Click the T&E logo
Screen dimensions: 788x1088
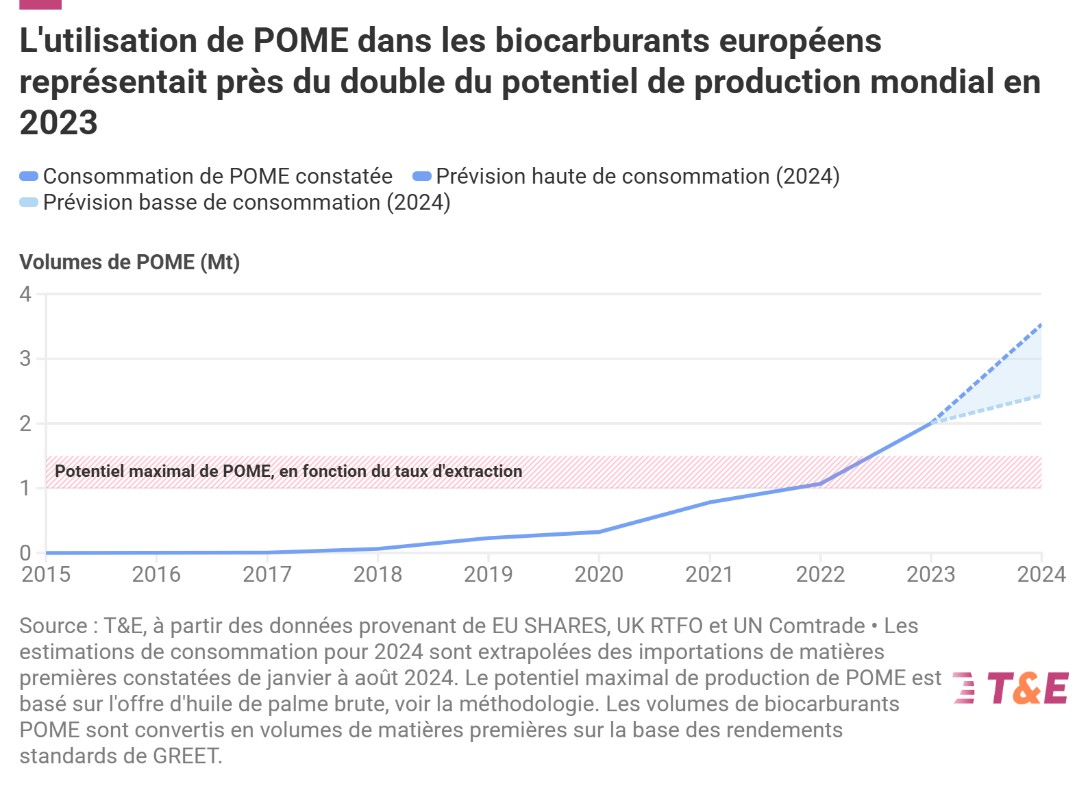[x=1011, y=688]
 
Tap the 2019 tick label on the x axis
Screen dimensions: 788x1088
[x=488, y=574]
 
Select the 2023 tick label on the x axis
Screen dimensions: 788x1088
[x=930, y=574]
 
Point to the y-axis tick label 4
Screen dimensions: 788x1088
[x=25, y=294]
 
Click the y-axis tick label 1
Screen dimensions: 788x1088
[x=25, y=488]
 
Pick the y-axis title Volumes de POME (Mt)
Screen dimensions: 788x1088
[x=129, y=262]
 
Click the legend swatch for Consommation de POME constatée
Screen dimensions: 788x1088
[x=29, y=176]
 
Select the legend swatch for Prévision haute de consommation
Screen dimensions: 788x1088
[x=421, y=176]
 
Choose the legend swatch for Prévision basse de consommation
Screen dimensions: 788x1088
[x=29, y=202]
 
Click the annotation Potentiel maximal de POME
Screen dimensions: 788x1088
[x=288, y=471]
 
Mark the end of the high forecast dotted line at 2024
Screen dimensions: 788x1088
[x=1041, y=325]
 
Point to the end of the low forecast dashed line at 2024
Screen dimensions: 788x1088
[x=1041, y=395]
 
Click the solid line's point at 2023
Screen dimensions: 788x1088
[x=930, y=423]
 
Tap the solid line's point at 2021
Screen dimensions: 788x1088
[x=710, y=502]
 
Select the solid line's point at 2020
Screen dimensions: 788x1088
[x=599, y=532]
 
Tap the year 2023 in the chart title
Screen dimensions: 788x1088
[x=59, y=123]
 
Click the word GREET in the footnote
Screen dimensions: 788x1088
[x=186, y=756]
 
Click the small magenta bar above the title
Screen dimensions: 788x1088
[x=40, y=4]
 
